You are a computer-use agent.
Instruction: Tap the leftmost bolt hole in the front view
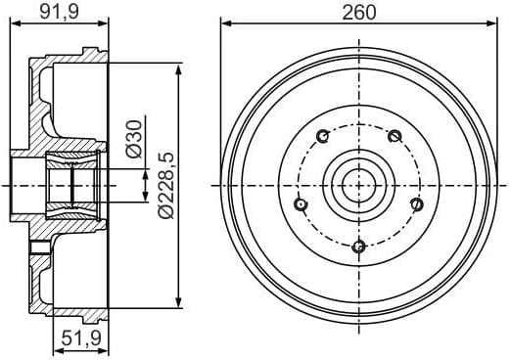301,203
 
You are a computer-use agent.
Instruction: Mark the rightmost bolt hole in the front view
415,203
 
